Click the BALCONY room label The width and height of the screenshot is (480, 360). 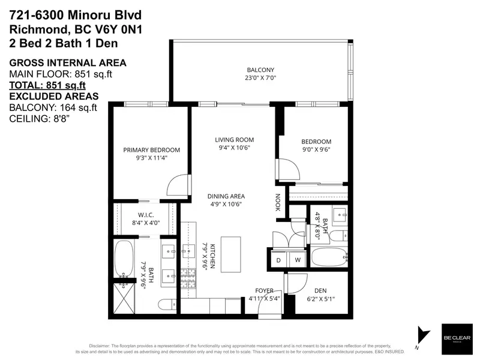coord(260,70)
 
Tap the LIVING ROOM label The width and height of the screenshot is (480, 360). coord(232,140)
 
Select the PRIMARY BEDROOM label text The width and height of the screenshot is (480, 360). coord(151,150)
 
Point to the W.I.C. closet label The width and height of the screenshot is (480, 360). coord(147,215)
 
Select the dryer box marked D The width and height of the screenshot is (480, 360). coord(278,260)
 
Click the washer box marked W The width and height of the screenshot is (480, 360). coord(297,260)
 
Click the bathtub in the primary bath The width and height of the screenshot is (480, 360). coord(125,259)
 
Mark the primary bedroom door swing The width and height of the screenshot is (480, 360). coord(178,185)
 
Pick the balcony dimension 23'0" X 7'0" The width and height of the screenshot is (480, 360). coord(260,78)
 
